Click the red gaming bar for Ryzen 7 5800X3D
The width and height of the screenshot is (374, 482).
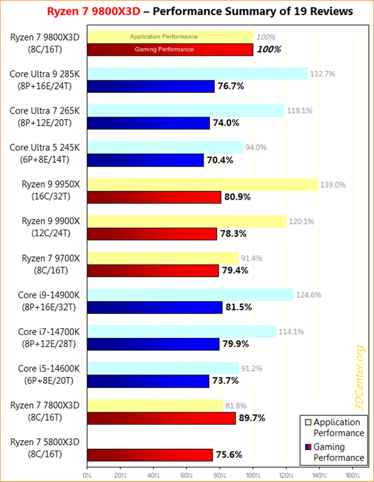click(150, 455)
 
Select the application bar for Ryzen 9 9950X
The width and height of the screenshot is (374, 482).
click(202, 185)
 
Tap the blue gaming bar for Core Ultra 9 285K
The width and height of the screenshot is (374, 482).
click(151, 86)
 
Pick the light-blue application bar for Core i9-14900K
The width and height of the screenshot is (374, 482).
click(190, 295)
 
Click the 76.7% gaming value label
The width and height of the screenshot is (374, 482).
click(231, 86)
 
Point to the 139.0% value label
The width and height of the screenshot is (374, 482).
click(333, 185)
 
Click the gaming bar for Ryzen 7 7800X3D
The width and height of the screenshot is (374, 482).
click(161, 418)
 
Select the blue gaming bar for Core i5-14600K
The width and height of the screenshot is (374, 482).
click(148, 381)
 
